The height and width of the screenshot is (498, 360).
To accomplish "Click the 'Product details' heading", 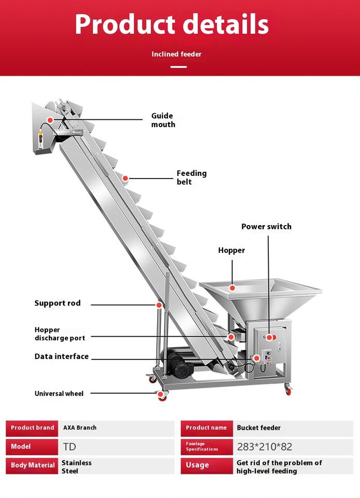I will click(x=172, y=24).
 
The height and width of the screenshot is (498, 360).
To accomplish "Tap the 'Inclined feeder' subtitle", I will click(x=176, y=54).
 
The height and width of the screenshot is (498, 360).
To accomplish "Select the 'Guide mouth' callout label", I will click(x=163, y=120).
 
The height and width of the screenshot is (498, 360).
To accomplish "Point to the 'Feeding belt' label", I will click(x=191, y=177).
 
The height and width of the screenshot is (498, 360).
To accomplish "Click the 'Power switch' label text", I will click(x=266, y=226).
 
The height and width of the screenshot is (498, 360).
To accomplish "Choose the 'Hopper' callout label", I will click(x=231, y=250).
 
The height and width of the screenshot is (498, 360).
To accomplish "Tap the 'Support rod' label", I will click(x=58, y=303).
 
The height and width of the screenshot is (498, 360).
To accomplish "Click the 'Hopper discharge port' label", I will click(x=60, y=334).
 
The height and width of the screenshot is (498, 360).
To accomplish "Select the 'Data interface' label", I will click(x=62, y=356).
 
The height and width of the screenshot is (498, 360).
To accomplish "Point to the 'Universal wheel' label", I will click(x=59, y=393).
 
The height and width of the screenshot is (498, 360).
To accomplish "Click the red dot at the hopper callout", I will click(x=232, y=287).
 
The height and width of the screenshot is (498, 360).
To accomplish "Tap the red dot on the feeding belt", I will click(x=126, y=178).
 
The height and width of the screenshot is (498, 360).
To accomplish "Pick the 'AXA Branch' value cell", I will click(x=80, y=427).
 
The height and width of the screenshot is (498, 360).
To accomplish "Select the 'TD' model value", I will click(x=70, y=447).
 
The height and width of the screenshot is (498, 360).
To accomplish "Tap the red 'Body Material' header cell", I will click(x=32, y=465).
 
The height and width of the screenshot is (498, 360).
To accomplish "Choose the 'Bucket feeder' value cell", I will click(x=259, y=427).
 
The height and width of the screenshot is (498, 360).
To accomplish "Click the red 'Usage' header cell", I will click(x=206, y=465).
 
